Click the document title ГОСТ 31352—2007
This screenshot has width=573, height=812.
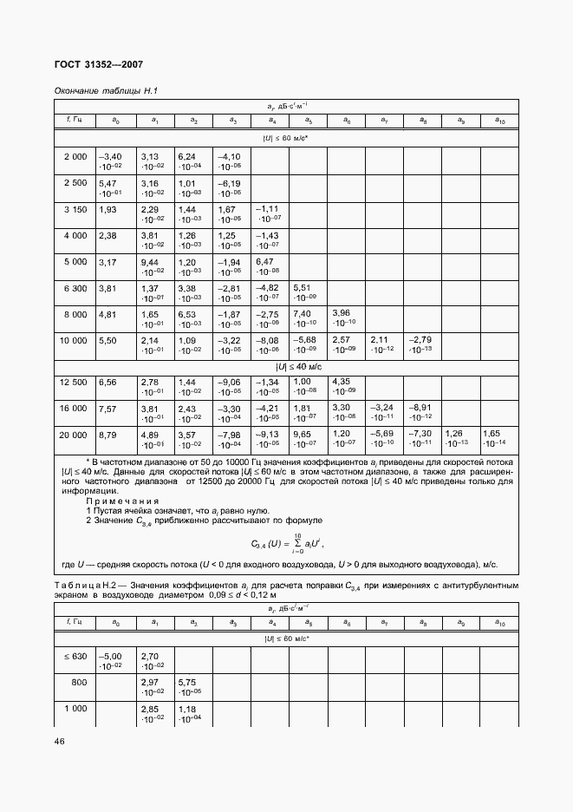(99, 64)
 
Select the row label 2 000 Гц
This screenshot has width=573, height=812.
(75, 156)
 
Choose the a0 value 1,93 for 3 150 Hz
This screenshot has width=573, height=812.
(107, 209)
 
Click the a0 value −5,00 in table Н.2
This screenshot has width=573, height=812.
(111, 657)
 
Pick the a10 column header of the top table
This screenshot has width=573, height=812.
(498, 120)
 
